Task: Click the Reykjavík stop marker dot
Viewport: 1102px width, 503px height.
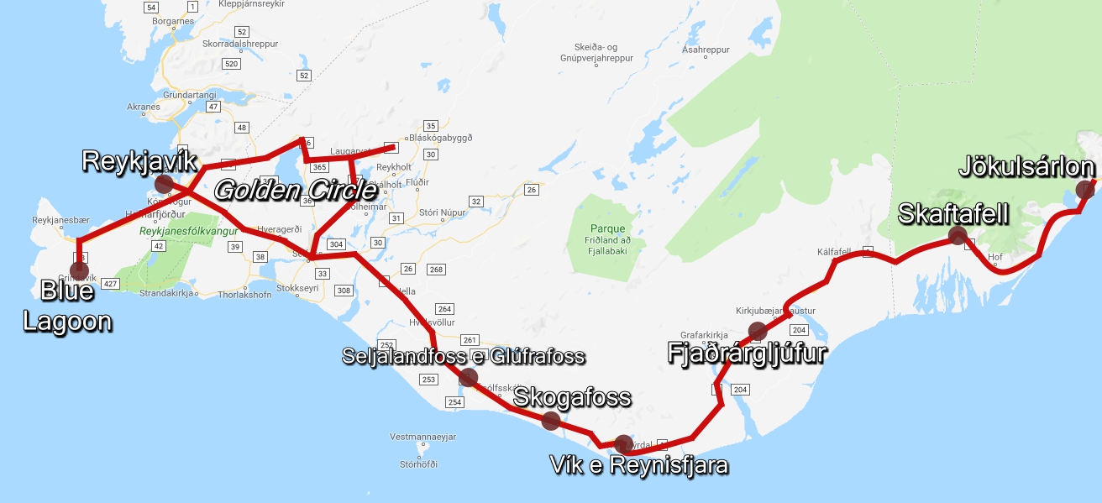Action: coord(164,183)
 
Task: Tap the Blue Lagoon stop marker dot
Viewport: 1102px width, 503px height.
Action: coord(79,270)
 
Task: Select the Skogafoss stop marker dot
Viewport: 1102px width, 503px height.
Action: coord(551,421)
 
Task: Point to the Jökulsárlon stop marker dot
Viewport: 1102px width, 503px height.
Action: coord(1085,189)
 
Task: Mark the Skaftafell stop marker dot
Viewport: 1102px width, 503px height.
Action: coord(958,235)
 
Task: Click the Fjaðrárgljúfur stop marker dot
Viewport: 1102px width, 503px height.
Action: coord(758,331)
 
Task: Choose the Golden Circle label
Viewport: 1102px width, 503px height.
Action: coord(295,191)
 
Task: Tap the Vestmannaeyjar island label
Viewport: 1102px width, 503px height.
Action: coord(423,438)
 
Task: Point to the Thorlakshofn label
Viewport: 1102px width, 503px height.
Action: coord(245,295)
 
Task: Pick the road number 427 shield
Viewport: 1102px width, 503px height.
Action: coord(110,284)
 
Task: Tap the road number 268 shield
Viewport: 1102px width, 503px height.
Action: coord(436,270)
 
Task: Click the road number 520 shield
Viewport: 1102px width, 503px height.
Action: coord(232,64)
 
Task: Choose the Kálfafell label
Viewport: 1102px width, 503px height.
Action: coord(834,251)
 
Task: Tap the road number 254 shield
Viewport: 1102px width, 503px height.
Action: coord(454,402)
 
